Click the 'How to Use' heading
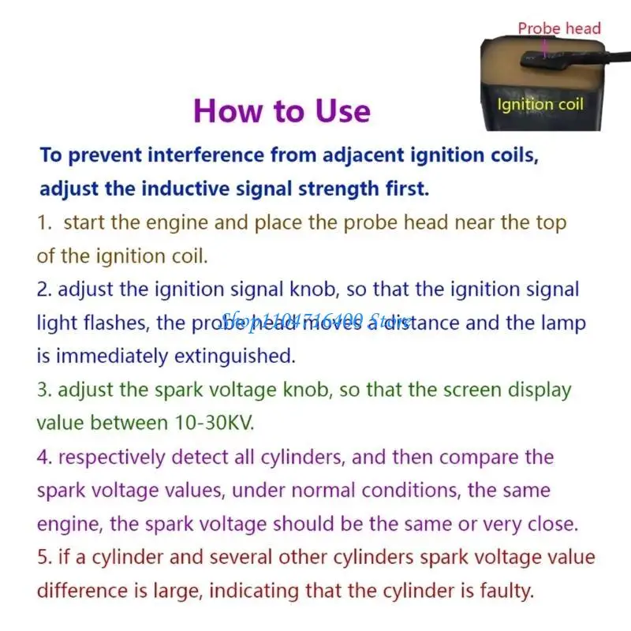282,110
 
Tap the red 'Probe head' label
559,29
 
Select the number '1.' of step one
45,222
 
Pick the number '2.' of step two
44,289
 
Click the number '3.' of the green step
44,390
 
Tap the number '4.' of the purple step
44,457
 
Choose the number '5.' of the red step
44,557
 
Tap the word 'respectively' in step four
112,457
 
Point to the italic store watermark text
315,321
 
